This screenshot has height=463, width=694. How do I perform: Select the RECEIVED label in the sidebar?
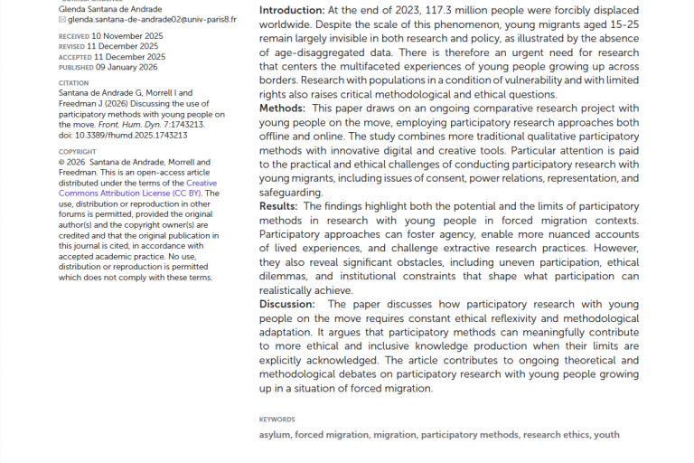tap(74, 35)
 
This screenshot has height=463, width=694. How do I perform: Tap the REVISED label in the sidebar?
tap(72, 45)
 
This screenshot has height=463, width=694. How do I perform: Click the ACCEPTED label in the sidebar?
tap(75, 56)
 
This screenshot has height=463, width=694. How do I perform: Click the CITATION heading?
tap(73, 82)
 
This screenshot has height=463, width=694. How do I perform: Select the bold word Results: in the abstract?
tap(279, 206)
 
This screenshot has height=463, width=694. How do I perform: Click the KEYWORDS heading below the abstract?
tap(277, 420)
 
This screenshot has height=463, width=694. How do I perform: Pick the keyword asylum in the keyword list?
tap(275, 435)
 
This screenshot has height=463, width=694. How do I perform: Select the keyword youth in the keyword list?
tap(606, 435)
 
